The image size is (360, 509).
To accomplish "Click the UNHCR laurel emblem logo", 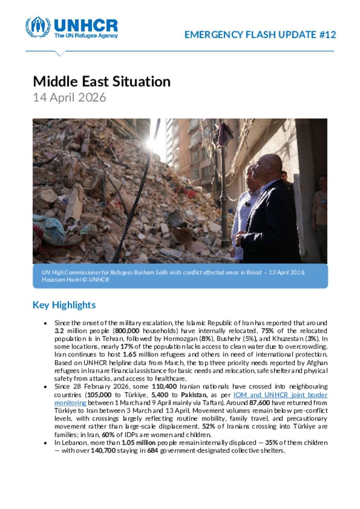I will pyautogui.click(x=38, y=27).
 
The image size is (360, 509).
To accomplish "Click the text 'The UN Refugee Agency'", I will pyautogui.click(x=86, y=35).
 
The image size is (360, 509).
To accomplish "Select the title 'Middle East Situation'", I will pyautogui.click(x=102, y=81).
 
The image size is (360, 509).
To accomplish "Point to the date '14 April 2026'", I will pyautogui.click(x=69, y=97).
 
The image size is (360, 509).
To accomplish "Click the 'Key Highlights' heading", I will pyautogui.click(x=64, y=305).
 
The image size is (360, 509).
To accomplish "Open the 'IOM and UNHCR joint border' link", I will pyautogui.click(x=280, y=395).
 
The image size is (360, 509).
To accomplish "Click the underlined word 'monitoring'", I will pyautogui.click(x=70, y=403).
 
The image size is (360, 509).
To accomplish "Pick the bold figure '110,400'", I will pyautogui.click(x=164, y=386).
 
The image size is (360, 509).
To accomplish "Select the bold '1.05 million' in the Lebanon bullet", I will pyautogui.click(x=139, y=443).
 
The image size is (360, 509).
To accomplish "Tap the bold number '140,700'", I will pyautogui.click(x=103, y=450).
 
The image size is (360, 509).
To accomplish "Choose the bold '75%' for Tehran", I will pyautogui.click(x=267, y=331).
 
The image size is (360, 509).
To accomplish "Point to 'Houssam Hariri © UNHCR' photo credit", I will pyautogui.click(x=75, y=280).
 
